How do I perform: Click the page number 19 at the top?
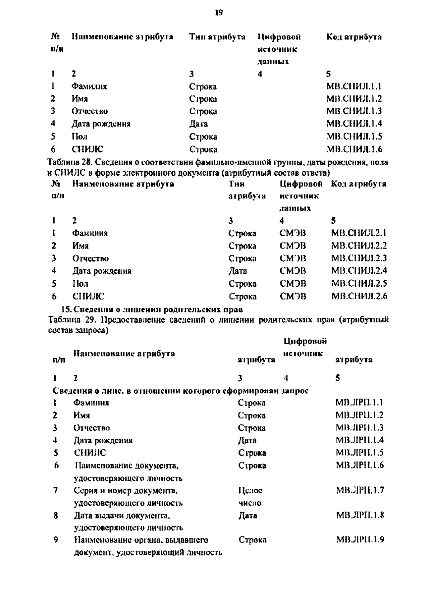tap(219, 13)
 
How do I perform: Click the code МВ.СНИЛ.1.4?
tap(354, 124)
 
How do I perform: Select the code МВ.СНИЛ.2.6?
tap(359, 296)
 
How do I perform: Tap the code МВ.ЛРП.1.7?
tap(360, 490)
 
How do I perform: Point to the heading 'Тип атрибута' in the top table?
tap(217, 37)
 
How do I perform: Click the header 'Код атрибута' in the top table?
tap(354, 37)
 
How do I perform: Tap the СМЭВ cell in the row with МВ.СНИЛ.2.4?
tap(293, 271)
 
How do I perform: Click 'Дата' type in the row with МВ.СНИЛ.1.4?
tap(198, 124)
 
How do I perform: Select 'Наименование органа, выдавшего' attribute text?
tap(141, 540)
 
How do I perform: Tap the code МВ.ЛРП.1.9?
tap(360, 540)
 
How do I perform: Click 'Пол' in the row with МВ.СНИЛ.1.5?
tap(79, 137)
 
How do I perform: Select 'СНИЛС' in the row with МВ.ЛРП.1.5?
tap(90, 453)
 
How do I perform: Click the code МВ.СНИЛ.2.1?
tap(358, 233)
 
